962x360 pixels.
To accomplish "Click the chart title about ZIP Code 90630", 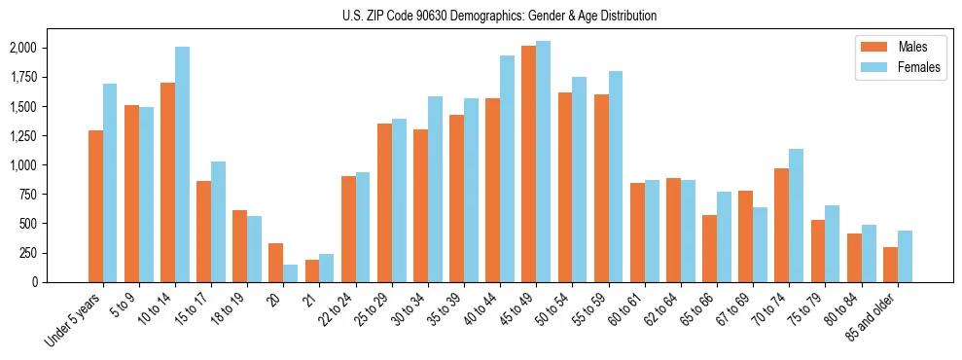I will pyautogui.click(x=499, y=16).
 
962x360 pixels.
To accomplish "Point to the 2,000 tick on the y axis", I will pyautogui.click(x=21, y=48).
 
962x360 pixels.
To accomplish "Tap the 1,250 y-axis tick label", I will pyautogui.click(x=21, y=136).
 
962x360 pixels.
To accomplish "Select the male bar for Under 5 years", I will pyautogui.click(x=95, y=206).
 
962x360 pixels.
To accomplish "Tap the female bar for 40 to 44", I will pyautogui.click(x=507, y=169).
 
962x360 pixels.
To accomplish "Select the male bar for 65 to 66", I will pyautogui.click(x=709, y=248).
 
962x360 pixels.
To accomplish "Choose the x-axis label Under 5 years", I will pyautogui.click(x=74, y=318).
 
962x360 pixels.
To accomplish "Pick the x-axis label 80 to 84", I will pyautogui.click(x=841, y=308).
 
